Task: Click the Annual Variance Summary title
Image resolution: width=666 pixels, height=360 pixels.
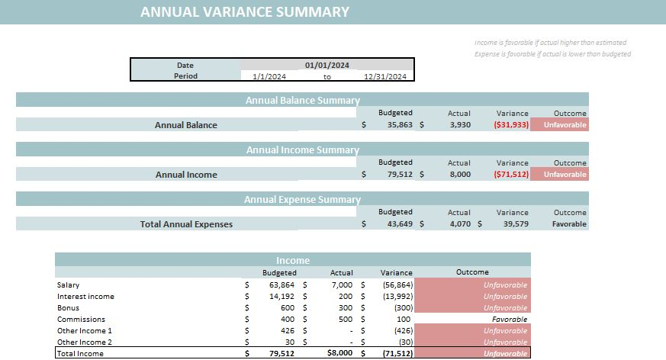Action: point(244,12)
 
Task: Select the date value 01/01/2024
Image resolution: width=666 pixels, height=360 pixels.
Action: point(327,66)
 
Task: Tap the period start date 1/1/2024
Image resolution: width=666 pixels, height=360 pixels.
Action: point(269,76)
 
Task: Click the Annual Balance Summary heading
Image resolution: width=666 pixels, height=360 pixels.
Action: point(302,100)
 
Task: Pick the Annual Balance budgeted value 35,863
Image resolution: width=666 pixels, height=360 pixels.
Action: point(396,125)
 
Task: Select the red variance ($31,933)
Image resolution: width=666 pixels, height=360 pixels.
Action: point(511,125)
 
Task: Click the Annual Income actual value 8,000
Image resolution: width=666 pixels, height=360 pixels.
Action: point(459,175)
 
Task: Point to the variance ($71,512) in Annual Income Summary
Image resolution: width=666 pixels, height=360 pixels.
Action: point(511,175)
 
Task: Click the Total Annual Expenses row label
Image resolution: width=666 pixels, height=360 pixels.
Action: point(186,224)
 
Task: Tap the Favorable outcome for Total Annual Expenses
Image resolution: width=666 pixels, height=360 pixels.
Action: point(569,224)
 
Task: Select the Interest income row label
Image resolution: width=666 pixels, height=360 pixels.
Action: point(85,297)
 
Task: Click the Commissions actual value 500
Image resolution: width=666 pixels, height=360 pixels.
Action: point(344,320)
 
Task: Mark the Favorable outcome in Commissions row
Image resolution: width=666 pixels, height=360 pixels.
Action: point(509,320)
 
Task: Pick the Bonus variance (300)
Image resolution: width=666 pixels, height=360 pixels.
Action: point(402,308)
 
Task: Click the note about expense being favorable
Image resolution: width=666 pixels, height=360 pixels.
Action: point(552,54)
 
